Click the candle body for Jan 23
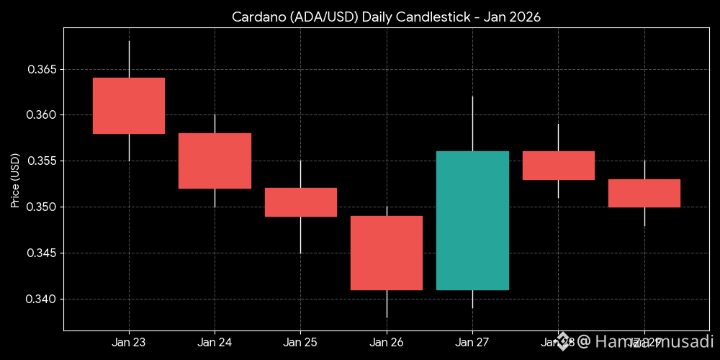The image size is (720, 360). (x=129, y=106)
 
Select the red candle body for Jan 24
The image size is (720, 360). (x=215, y=161)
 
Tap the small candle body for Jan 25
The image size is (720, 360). (x=300, y=202)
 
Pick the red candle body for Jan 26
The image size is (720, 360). (x=387, y=253)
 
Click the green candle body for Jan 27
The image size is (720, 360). (x=472, y=220)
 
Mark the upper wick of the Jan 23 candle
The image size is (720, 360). (x=129, y=59)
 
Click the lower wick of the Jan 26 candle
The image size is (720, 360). (x=387, y=303)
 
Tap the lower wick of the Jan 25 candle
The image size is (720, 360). (x=300, y=234)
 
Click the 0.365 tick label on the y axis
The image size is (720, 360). (x=42, y=70)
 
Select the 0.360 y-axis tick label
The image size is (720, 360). (x=42, y=115)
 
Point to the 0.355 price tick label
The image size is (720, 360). (x=42, y=161)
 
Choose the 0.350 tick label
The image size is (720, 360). (x=42, y=207)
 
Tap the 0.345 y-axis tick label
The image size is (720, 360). (x=42, y=253)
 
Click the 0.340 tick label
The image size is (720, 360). (x=42, y=299)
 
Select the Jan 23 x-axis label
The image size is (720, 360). (x=129, y=342)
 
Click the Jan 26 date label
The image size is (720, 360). (x=387, y=342)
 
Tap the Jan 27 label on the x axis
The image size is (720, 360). (x=472, y=342)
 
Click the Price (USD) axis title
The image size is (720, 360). (x=14, y=179)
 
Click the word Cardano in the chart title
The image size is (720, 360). (x=255, y=17)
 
